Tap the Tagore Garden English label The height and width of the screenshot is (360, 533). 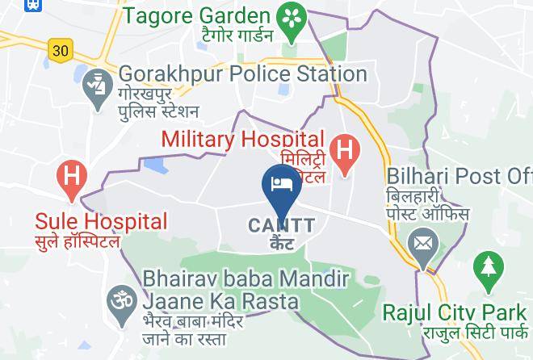pos(196,15)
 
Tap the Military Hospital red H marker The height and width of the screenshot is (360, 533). pos(345,152)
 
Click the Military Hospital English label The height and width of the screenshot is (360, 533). pos(243,139)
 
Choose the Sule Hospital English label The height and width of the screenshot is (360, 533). pos(101,220)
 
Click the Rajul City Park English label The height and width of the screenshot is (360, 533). pos(456,311)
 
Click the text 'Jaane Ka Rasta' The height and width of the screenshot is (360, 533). pos(221,301)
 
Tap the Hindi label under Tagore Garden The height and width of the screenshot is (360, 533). pos(212,36)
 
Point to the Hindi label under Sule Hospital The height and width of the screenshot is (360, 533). pos(77,241)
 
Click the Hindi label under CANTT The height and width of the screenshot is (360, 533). pos(280,243)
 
